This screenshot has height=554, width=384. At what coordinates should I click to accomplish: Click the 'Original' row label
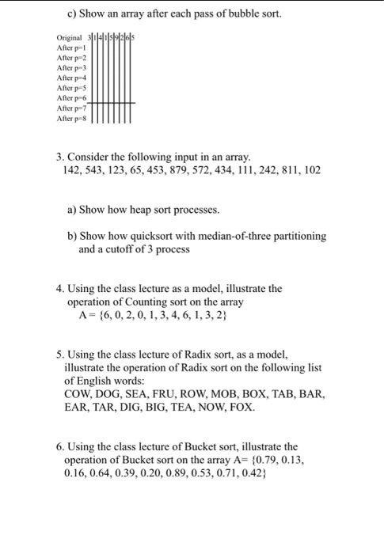70,38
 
